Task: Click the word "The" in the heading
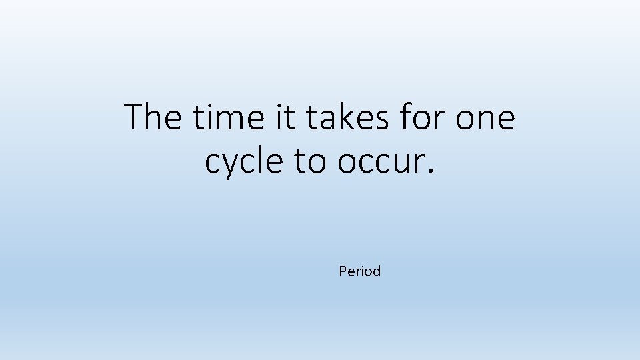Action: coord(153,117)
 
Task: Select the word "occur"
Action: coord(381,162)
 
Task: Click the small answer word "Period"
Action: coord(359,271)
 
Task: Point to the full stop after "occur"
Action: coord(431,172)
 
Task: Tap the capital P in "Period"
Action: coord(343,271)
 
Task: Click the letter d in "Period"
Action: coord(377,271)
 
